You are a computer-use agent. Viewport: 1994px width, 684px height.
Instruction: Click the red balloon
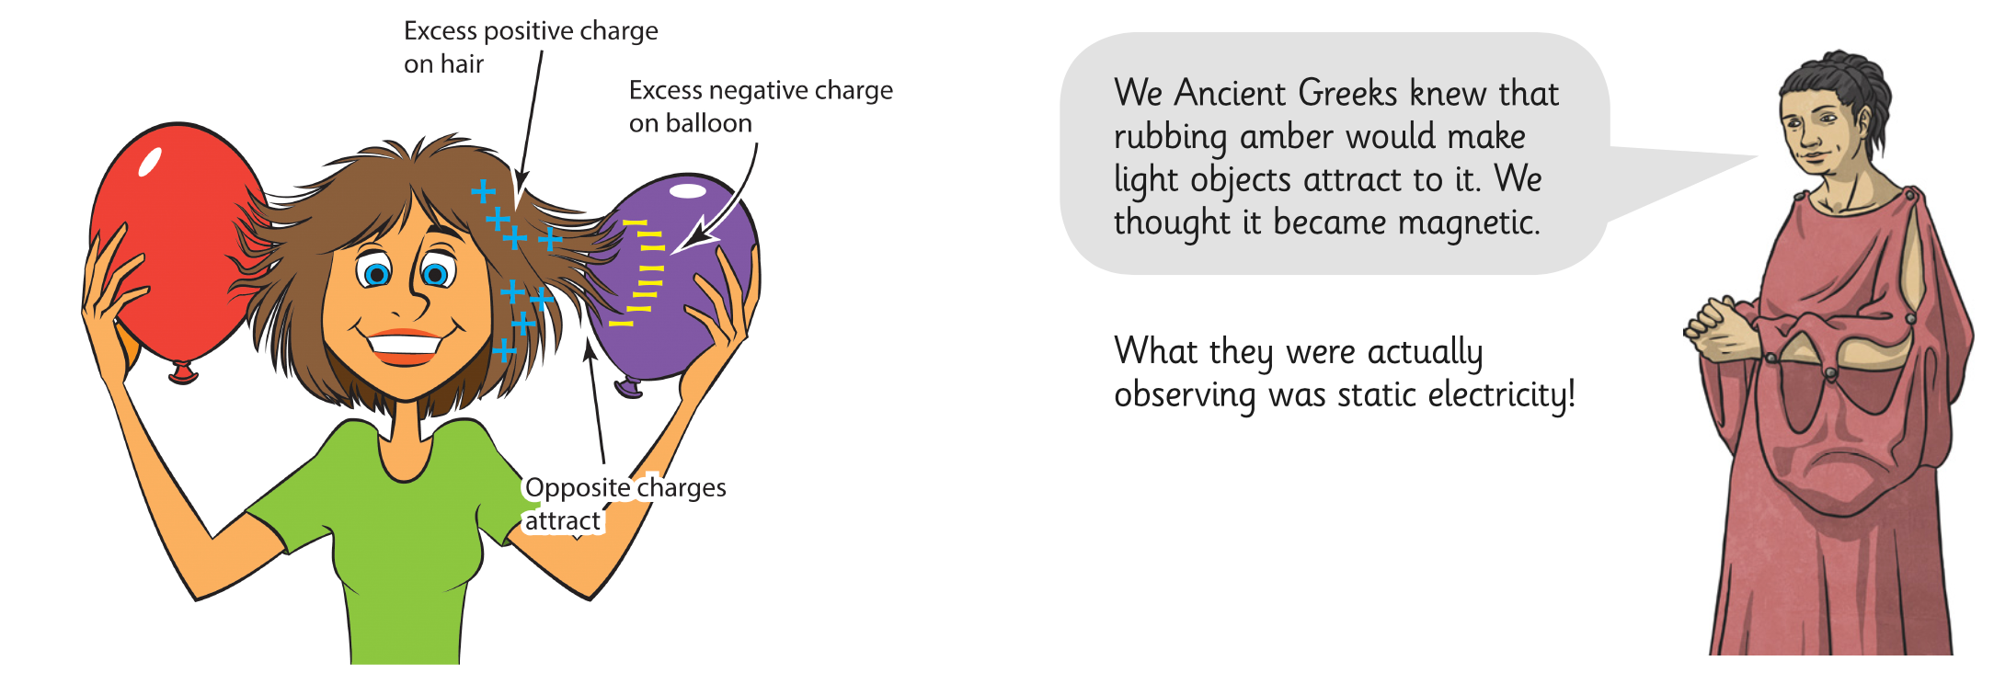click(175, 248)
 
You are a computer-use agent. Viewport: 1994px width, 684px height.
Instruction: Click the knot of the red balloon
click(183, 372)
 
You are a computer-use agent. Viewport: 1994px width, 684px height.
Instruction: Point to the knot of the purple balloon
click(629, 387)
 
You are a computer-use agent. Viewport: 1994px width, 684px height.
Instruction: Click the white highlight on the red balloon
click(150, 161)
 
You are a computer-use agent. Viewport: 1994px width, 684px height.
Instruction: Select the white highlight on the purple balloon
click(688, 191)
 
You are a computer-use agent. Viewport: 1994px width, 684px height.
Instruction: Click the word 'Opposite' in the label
click(578, 488)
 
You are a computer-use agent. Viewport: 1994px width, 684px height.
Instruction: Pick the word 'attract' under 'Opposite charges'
click(562, 521)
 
